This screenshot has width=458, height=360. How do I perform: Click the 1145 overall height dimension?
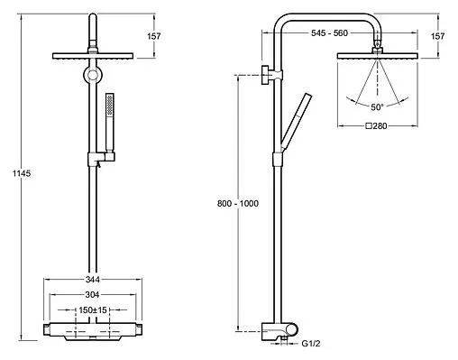click(x=22, y=173)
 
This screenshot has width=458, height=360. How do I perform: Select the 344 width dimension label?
click(x=93, y=280)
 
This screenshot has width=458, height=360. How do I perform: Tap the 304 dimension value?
click(x=92, y=294)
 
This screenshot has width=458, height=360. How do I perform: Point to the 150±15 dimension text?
click(x=93, y=309)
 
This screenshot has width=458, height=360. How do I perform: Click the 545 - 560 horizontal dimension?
click(x=329, y=32)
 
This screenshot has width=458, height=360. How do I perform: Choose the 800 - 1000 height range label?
click(x=238, y=204)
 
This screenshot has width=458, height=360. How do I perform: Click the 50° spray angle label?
click(x=377, y=107)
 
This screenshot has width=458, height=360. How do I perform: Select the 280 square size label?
click(x=376, y=126)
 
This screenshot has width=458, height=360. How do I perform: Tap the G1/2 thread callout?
click(x=311, y=344)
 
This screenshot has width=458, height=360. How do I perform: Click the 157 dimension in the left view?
click(x=154, y=36)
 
